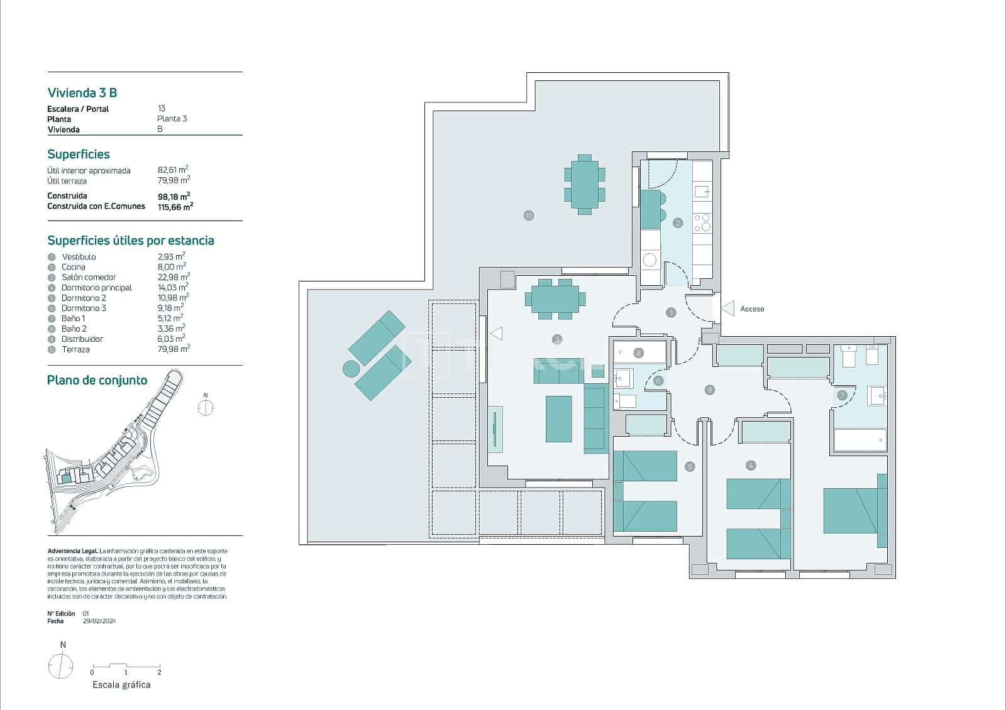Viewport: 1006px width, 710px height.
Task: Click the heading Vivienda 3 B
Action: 82,93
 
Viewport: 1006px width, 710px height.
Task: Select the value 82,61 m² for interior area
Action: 173,170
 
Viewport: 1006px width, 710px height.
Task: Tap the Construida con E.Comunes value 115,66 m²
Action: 175,206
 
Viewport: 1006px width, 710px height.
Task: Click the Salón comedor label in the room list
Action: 89,277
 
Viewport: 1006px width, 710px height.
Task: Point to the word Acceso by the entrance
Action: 752,309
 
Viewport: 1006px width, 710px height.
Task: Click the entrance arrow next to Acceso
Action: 728,309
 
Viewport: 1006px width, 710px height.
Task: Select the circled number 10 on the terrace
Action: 528,216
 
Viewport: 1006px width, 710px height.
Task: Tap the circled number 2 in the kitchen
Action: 678,222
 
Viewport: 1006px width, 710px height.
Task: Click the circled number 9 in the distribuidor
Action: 709,390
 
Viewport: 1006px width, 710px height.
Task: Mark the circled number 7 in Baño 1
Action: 842,395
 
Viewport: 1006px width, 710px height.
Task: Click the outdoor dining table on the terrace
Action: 585,184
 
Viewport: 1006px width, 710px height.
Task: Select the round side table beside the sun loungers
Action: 351,368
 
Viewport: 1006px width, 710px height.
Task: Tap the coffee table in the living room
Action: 558,418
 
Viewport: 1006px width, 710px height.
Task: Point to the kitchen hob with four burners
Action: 702,223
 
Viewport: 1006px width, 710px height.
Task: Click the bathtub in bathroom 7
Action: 860,440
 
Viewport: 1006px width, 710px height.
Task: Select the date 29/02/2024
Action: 99,621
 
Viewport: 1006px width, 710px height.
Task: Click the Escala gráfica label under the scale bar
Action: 121,685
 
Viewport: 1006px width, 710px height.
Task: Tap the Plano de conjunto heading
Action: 97,380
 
